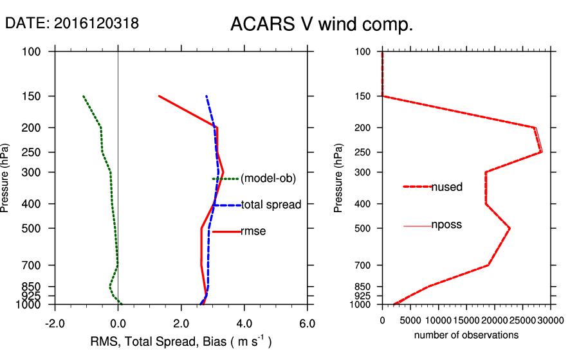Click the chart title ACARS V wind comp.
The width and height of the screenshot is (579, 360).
click(x=322, y=25)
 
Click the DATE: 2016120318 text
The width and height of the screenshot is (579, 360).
click(x=71, y=24)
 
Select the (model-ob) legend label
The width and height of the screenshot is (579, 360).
click(x=268, y=179)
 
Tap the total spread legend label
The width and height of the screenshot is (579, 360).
click(x=271, y=205)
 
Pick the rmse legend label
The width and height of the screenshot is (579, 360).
click(x=253, y=231)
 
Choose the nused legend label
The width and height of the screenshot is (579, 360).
click(x=447, y=186)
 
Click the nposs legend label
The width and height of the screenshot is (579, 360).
click(x=446, y=225)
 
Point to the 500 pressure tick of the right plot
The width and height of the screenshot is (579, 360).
click(x=363, y=228)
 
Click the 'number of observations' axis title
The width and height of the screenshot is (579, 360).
click(x=466, y=335)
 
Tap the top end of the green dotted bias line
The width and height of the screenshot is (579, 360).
click(x=83, y=96)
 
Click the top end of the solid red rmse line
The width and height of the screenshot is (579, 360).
click(x=159, y=96)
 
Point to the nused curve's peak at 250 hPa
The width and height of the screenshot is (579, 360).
click(x=541, y=152)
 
